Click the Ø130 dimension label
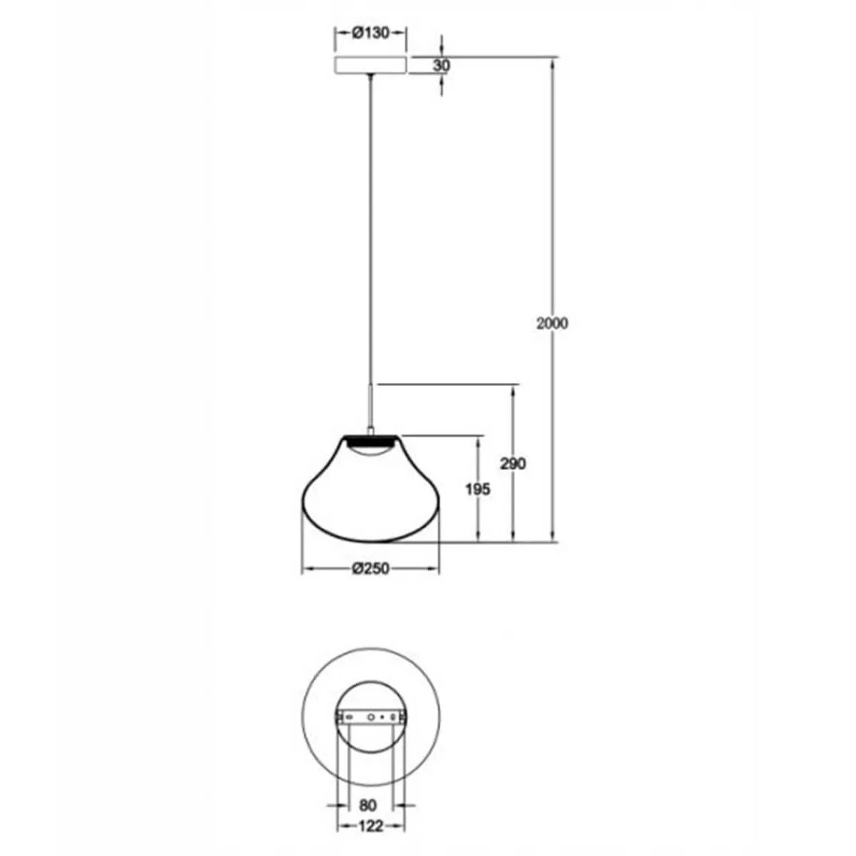(x=370, y=33)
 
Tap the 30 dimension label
(x=442, y=66)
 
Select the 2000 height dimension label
(x=552, y=323)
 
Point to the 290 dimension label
(x=513, y=464)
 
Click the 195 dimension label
(x=478, y=489)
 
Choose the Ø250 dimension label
(x=370, y=569)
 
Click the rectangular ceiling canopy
(x=370, y=65)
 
